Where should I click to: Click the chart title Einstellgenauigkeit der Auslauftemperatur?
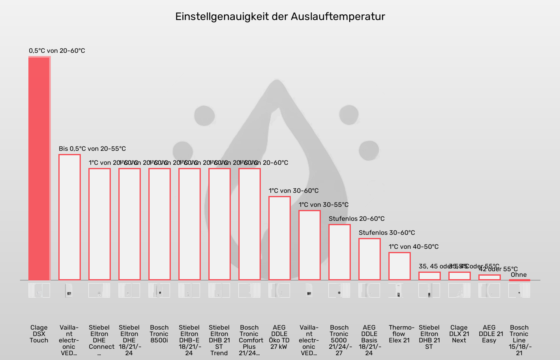click(x=280, y=16)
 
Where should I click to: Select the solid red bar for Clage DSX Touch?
click(x=39, y=168)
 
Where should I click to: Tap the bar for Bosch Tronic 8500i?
click(x=159, y=224)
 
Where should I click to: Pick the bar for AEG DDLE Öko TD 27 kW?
click(x=279, y=238)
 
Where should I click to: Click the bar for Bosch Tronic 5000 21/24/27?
click(x=339, y=252)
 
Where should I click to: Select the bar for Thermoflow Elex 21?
click(x=399, y=266)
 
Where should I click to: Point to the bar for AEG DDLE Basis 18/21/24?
click(x=369, y=259)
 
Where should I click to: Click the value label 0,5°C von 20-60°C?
click(x=57, y=51)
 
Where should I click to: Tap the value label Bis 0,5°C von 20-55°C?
click(x=92, y=149)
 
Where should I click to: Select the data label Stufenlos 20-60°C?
click(x=356, y=219)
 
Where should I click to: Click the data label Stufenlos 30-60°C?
click(x=387, y=233)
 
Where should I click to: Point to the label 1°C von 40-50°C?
click(x=414, y=247)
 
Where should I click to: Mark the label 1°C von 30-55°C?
click(x=324, y=205)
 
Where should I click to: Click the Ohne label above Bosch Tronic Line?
click(x=519, y=275)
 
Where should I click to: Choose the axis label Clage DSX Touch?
click(x=39, y=334)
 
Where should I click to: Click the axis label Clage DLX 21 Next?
click(x=459, y=334)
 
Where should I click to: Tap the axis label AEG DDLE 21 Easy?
click(x=489, y=334)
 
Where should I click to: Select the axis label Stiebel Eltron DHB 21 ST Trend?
click(x=219, y=340)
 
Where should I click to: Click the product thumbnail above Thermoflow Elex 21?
click(x=399, y=290)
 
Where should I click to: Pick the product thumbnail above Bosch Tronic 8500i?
click(x=159, y=290)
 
